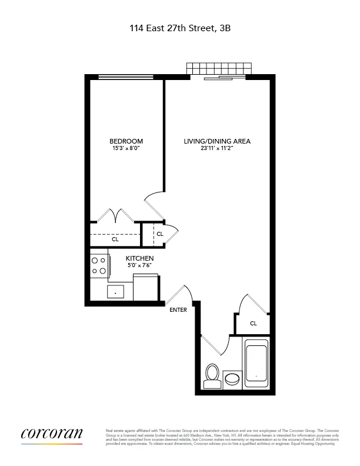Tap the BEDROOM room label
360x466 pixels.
click(126, 141)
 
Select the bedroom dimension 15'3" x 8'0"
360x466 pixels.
click(126, 149)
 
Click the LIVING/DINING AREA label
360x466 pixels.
click(217, 141)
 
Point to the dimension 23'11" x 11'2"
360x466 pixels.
click(217, 149)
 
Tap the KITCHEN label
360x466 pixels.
click(139, 258)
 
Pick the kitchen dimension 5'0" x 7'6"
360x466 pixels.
click(139, 266)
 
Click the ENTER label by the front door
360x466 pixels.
click(178, 310)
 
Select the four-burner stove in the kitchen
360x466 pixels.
click(99, 265)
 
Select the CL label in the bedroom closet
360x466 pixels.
click(115, 239)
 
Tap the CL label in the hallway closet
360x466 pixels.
click(159, 234)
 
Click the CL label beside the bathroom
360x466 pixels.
click(253, 323)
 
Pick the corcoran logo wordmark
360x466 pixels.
click(52, 435)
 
